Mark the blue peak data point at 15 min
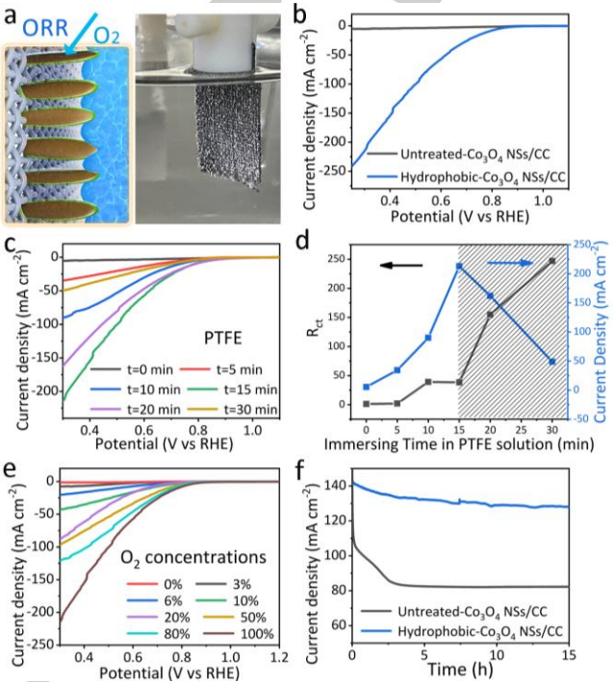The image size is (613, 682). [x=460, y=266]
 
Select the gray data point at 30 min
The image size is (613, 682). [x=552, y=261]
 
